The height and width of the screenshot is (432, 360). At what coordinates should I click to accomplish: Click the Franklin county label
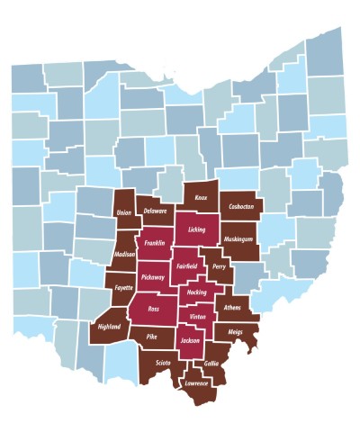point(153,243)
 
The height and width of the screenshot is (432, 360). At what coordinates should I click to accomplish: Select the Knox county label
point(202,196)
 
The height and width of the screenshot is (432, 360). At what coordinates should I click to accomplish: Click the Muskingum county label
point(240,238)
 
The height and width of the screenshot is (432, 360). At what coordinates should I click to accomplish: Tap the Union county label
point(124,214)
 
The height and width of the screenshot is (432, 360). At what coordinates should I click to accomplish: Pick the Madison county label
point(126,256)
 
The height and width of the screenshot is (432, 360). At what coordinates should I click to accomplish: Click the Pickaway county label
point(153,277)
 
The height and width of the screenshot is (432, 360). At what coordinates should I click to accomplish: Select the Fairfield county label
point(189,266)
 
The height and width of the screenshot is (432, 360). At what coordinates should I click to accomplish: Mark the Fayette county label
point(122,288)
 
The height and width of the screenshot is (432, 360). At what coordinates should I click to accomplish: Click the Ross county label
point(152,309)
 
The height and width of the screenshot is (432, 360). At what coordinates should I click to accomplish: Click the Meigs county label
point(237,332)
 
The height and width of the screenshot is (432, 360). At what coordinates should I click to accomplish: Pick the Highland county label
point(109,327)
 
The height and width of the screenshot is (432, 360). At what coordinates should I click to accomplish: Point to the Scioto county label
point(163,363)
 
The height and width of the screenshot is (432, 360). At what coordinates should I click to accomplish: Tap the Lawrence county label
point(197,383)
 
